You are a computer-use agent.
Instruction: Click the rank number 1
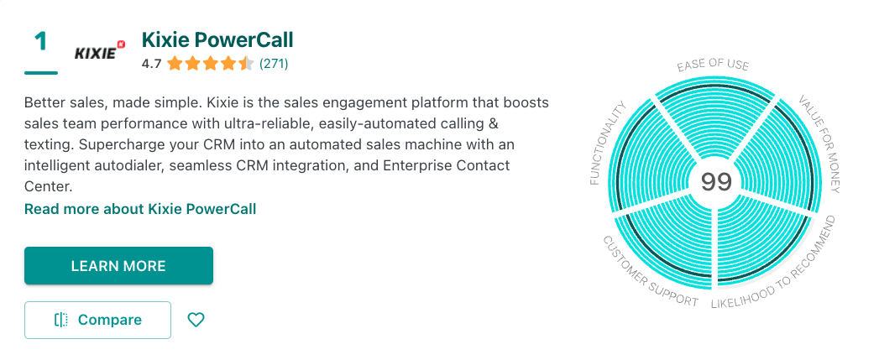pyautogui.click(x=41, y=42)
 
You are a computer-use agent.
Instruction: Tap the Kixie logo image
pyautogui.click(x=100, y=51)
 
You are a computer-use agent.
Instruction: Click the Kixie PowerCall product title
pyautogui.click(x=217, y=39)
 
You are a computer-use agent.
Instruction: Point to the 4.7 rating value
pyautogui.click(x=151, y=64)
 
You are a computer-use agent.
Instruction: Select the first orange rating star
pyautogui.click(x=175, y=64)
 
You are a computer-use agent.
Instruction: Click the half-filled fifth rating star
pyautogui.click(x=245, y=64)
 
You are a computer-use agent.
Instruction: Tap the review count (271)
pyautogui.click(x=274, y=64)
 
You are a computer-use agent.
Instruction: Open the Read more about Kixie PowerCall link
pyautogui.click(x=140, y=209)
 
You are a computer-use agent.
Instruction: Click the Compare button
pyautogui.click(x=97, y=320)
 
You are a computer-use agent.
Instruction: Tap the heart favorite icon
pyautogui.click(x=196, y=320)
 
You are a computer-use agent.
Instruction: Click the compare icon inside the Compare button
pyautogui.click(x=61, y=320)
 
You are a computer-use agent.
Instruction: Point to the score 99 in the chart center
pyautogui.click(x=716, y=182)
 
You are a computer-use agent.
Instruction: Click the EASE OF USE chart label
pyautogui.click(x=713, y=65)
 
